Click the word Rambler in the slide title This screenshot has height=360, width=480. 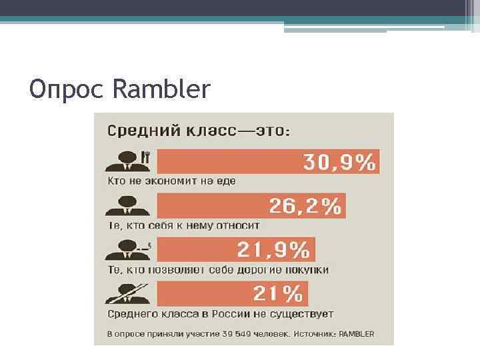[x=162, y=89]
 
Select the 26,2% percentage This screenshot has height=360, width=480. [x=305, y=206]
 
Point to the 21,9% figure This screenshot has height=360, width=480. [x=273, y=250]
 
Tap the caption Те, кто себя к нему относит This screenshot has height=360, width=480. [x=183, y=225]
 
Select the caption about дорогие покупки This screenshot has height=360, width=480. [x=218, y=269]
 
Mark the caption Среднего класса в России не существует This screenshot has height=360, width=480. [x=221, y=313]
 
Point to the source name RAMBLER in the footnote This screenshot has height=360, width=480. [x=357, y=333]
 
